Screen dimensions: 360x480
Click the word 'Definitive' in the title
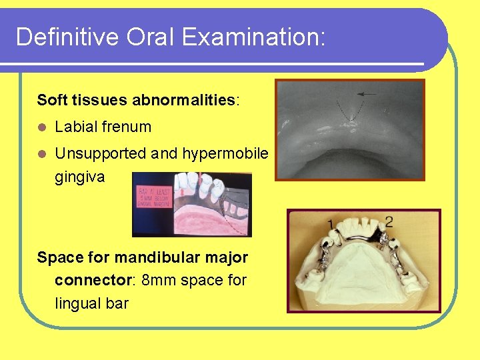point(56,37)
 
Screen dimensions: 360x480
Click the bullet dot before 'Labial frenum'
point(42,127)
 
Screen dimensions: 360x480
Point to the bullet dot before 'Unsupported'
point(42,153)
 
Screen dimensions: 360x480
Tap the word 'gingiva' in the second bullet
point(79,177)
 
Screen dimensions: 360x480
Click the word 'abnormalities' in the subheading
point(184,100)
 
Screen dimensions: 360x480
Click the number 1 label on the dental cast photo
point(331,223)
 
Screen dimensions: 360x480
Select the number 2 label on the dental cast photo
point(389,221)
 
